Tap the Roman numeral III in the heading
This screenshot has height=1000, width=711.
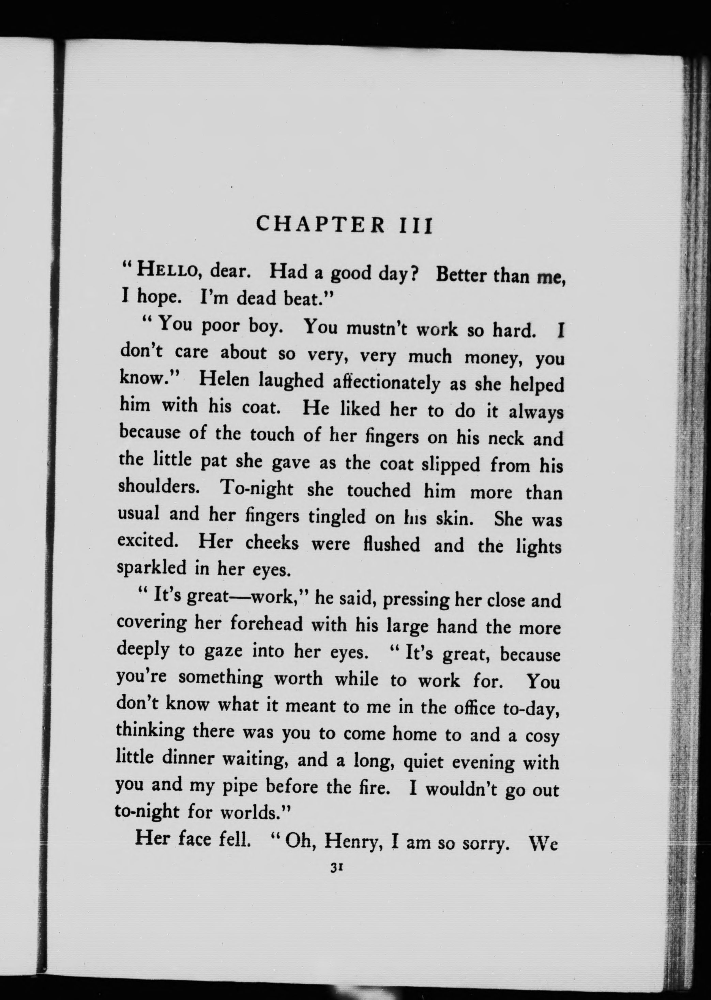pos(416,226)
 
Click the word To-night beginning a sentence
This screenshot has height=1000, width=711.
pos(257,488)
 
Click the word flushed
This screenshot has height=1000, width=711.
pos(391,544)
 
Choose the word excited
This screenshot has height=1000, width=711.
pos(148,541)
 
